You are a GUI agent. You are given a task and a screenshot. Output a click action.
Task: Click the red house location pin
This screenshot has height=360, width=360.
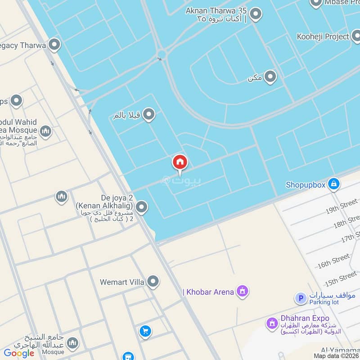[180, 162]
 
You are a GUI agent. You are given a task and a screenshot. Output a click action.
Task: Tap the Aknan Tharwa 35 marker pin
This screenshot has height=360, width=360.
[256, 14]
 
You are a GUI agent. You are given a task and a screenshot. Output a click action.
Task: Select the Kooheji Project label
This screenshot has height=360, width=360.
[323, 36]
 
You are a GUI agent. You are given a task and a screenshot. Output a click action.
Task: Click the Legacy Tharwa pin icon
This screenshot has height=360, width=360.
[54, 45]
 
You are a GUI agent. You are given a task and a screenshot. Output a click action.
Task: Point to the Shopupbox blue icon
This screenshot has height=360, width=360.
[333, 184]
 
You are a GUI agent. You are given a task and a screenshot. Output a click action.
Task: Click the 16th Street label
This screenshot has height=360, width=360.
[333, 261]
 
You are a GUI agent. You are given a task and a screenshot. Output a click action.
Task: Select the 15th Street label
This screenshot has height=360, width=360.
[341, 279]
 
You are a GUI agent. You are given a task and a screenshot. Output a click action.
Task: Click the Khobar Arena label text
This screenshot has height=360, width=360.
[208, 292]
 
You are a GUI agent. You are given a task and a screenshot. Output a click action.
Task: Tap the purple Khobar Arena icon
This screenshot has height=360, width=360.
[243, 292]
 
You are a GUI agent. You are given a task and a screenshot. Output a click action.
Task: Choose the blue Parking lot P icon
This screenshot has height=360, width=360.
[301, 298]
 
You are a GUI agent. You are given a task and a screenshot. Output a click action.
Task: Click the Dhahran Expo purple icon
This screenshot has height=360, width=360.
[271, 323]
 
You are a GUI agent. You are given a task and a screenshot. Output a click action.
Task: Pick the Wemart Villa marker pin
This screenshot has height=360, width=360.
[153, 282]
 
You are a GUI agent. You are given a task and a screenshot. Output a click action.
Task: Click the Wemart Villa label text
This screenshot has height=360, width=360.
[122, 282]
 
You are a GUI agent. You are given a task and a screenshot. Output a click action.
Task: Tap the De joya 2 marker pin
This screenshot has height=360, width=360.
[142, 207]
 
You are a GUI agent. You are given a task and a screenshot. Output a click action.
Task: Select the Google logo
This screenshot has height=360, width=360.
[19, 353]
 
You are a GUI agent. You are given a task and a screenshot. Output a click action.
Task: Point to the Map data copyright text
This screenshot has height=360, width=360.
[337, 355]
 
